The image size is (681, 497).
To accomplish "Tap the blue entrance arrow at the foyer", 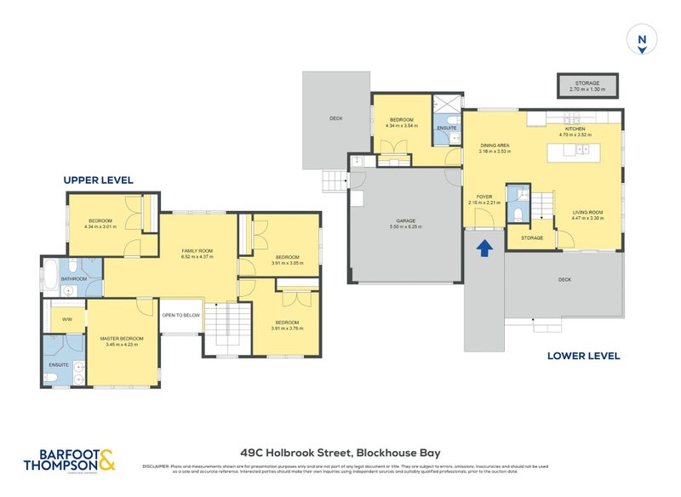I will click(484, 248).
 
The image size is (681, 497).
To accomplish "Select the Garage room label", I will click(405, 223).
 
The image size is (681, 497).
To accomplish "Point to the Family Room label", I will click(197, 253).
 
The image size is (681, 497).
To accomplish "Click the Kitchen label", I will click(575, 130).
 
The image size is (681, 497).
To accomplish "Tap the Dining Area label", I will click(494, 147).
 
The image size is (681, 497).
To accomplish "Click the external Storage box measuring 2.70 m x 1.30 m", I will click(587, 85).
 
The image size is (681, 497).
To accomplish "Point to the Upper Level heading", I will click(98, 180).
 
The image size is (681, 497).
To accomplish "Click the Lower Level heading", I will click(584, 356).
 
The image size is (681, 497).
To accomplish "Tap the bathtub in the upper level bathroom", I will click(50, 275).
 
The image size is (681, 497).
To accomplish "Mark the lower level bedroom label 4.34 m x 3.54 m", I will click(401, 123).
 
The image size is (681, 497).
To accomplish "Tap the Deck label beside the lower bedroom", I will click(336, 118).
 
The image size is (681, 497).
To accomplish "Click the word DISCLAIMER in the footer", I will click(157, 467).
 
